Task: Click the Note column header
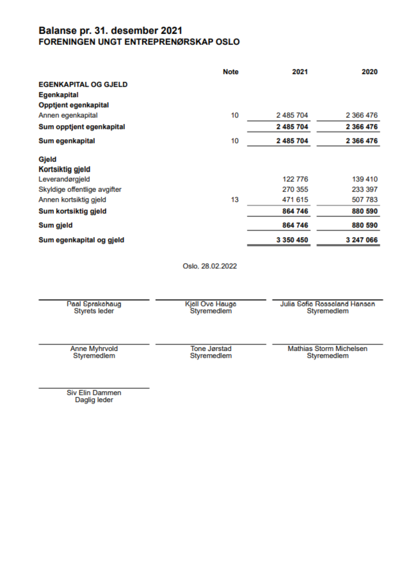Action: [x=230, y=72]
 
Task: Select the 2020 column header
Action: [x=369, y=72]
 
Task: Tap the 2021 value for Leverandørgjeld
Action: [x=295, y=179]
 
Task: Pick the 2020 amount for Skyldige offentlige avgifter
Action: [x=364, y=190]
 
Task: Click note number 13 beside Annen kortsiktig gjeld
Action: [x=234, y=200]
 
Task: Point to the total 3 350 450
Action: [x=292, y=240]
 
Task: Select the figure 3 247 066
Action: [x=361, y=240]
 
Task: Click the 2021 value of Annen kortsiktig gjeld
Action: [x=295, y=200]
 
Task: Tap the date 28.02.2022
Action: [x=219, y=266]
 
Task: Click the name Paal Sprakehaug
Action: [x=94, y=304]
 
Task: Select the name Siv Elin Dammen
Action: [x=94, y=393]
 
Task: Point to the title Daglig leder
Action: [x=94, y=400]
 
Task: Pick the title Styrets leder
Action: [x=94, y=311]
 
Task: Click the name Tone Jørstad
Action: [x=211, y=349]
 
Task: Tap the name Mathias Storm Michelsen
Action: [x=327, y=349]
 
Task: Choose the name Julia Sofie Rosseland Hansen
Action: [x=327, y=304]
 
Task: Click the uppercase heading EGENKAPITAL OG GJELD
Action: [x=83, y=85]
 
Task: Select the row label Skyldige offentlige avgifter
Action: [x=80, y=190]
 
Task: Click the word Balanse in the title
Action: [x=57, y=31]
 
